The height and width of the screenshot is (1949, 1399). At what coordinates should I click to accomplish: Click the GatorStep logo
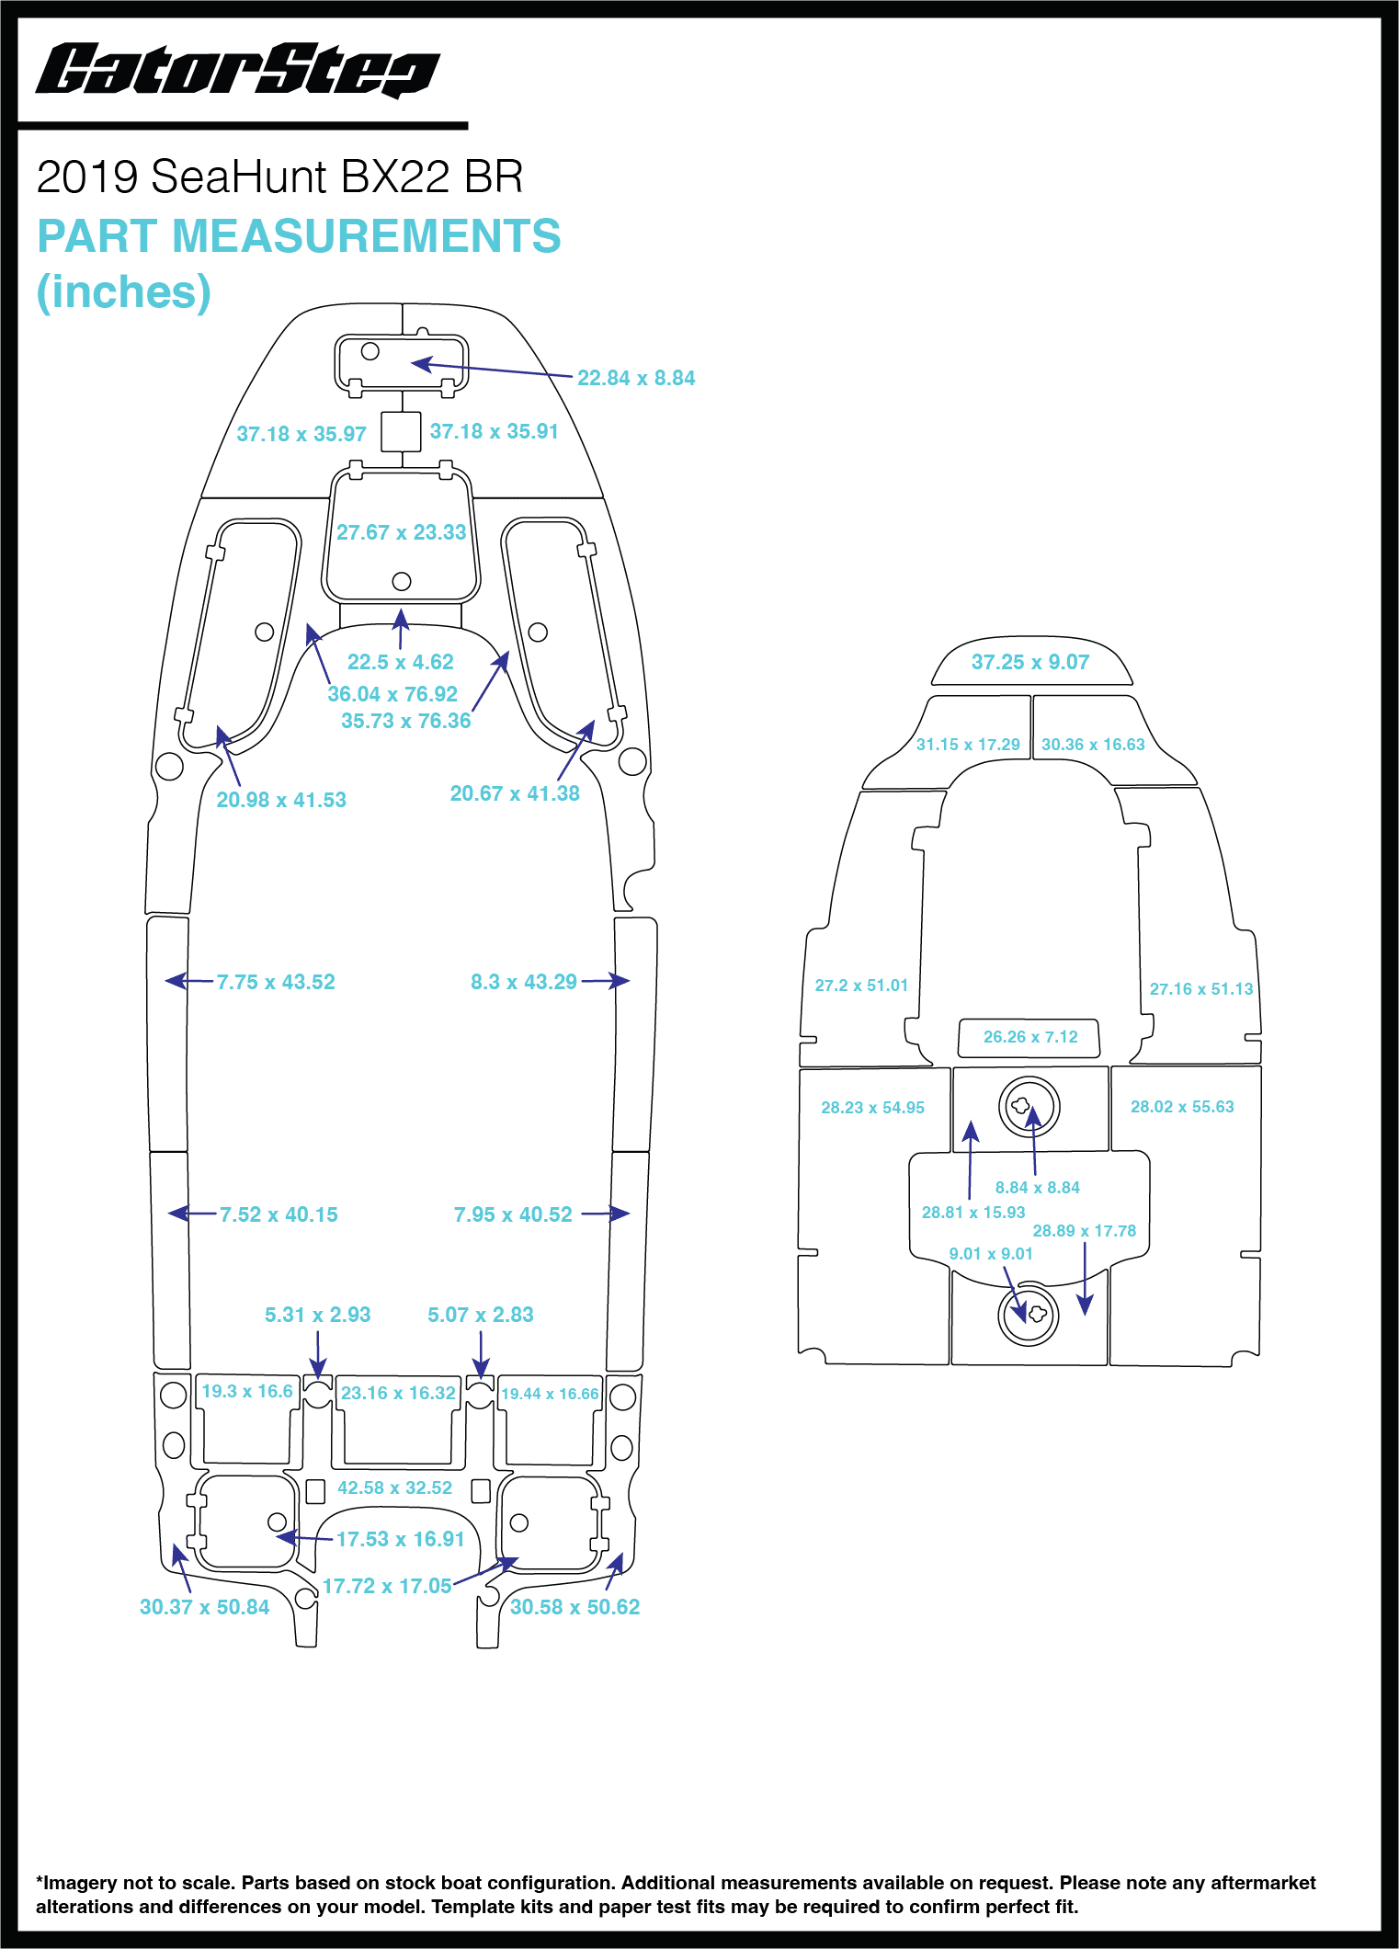(237, 71)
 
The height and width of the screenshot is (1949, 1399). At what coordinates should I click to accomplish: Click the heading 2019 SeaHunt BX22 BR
(279, 177)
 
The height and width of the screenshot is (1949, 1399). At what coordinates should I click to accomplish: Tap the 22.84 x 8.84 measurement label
(636, 378)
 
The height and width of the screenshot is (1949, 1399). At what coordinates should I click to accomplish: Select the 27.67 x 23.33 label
(401, 532)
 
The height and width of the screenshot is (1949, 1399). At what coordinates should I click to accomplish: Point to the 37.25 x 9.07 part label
(1029, 662)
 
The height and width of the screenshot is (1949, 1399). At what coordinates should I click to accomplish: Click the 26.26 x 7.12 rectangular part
(1029, 1037)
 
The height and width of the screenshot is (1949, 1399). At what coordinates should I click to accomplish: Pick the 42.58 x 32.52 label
(394, 1487)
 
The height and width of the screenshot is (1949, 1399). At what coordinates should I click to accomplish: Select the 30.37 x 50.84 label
(204, 1607)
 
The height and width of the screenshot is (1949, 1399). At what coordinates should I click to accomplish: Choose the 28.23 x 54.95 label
(872, 1108)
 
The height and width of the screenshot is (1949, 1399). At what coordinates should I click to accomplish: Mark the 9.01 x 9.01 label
(991, 1254)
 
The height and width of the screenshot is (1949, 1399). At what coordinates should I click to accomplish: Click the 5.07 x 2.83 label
(480, 1315)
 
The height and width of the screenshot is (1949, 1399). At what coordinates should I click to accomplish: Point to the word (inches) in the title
(123, 292)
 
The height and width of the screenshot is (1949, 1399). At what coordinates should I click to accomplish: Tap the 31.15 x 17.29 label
(968, 745)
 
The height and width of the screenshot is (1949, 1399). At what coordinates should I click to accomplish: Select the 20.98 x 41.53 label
(281, 800)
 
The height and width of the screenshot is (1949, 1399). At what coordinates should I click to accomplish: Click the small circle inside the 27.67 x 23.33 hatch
(402, 581)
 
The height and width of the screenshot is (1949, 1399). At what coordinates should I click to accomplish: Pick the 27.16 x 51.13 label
(1200, 989)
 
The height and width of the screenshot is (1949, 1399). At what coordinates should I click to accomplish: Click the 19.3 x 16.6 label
(247, 1391)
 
